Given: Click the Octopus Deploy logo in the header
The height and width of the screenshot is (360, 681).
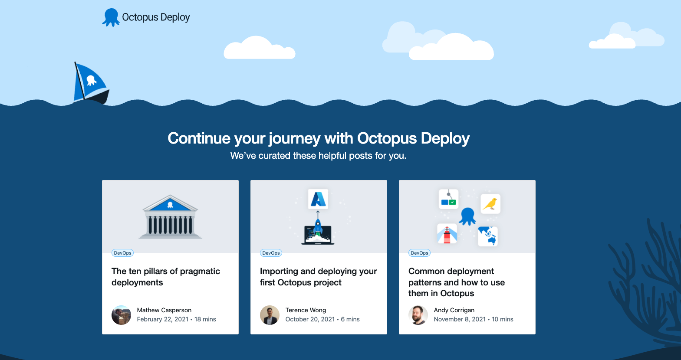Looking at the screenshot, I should tap(146, 17).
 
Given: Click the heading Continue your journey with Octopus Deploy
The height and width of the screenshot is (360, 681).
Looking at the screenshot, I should tap(319, 138).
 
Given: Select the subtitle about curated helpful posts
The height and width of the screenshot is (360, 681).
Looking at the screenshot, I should tap(318, 156).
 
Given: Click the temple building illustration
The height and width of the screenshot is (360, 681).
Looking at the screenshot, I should tap(170, 217).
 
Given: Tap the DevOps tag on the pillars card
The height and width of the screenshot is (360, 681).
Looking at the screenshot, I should tap(122, 253).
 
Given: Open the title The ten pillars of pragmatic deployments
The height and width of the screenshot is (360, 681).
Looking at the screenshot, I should tap(165, 277).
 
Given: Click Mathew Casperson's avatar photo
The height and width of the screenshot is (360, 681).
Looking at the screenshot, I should tap(121, 315).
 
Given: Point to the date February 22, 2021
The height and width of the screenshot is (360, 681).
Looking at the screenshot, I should tap(163, 319).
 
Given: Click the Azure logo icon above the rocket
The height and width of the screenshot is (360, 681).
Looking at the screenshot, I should tap(318, 199).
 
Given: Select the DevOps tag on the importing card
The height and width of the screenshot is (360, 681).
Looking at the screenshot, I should tap(271, 253).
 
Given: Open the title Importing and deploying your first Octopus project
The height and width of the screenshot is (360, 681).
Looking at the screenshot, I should tap(318, 277).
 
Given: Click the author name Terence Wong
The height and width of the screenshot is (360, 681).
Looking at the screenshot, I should tap(306, 310).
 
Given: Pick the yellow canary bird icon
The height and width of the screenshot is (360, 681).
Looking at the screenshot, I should tap(490, 204).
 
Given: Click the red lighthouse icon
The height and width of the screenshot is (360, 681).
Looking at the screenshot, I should tap(447, 234).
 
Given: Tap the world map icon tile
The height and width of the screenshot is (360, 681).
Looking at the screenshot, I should tap(488, 236).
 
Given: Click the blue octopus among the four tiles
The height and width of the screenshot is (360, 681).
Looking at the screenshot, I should tap(467, 216).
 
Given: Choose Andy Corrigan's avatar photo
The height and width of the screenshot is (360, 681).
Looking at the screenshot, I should tap(418, 315).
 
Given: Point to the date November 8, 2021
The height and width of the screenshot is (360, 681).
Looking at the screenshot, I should tap(460, 319).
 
